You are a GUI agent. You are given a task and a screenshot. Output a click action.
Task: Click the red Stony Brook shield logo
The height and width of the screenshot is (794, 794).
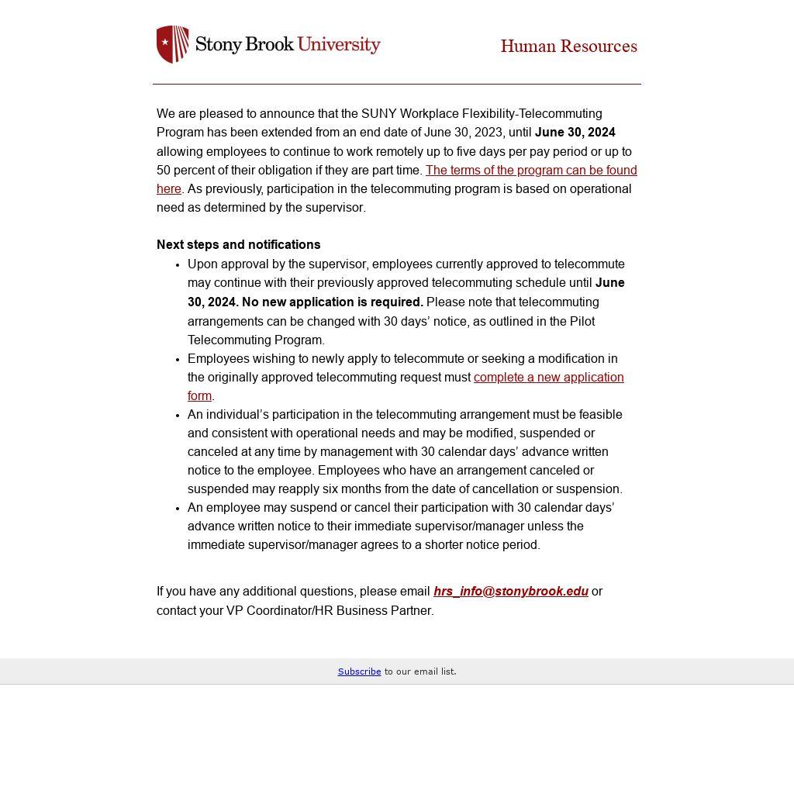(172, 44)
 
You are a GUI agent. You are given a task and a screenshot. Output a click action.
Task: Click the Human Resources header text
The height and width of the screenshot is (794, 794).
(568, 47)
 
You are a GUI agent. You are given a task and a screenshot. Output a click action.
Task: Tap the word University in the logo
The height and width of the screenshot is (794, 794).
(339, 44)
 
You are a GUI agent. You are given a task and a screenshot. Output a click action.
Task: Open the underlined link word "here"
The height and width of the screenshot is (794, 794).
(168, 189)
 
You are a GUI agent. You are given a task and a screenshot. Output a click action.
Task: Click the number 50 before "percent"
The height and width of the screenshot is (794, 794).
(164, 171)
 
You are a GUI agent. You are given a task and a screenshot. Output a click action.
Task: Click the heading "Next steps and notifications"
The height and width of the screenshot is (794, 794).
(238, 245)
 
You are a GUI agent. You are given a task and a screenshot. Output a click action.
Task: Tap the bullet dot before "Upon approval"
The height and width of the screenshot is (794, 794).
(178, 265)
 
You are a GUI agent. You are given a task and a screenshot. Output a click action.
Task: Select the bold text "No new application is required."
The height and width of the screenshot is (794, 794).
(333, 302)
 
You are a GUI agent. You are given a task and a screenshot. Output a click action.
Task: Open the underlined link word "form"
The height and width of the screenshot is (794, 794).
(199, 396)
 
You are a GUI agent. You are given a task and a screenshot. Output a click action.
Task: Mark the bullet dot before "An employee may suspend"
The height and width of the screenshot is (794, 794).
(178, 509)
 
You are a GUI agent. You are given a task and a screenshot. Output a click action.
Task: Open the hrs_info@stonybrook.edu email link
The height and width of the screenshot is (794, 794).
(510, 592)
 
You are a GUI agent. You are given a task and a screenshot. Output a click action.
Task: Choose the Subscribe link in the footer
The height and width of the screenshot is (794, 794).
(359, 671)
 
